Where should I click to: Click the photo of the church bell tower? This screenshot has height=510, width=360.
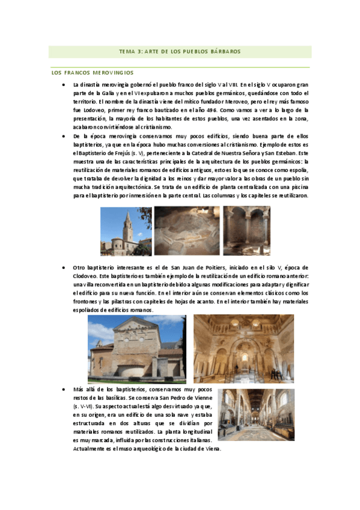coord(125,232)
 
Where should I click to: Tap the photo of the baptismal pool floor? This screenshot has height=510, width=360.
coord(186,232)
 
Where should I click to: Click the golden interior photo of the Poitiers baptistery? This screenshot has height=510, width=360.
coord(243,349)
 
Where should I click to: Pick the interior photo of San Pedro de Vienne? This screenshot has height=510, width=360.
coord(256,415)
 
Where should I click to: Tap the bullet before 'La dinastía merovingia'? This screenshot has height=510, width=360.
coord(64,85)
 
